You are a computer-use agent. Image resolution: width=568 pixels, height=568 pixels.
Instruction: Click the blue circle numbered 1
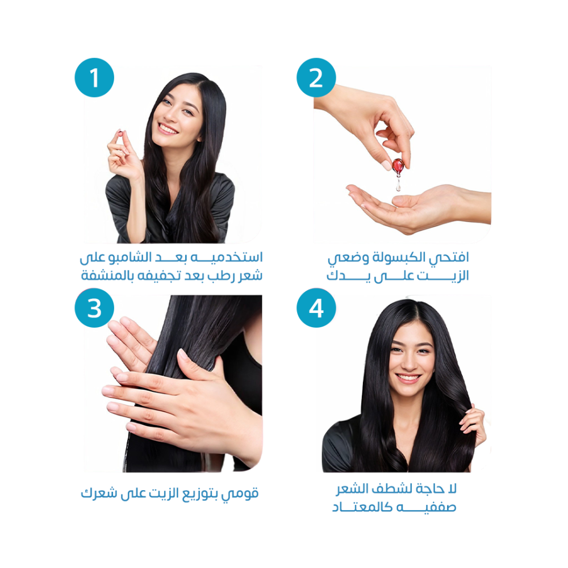[94, 77]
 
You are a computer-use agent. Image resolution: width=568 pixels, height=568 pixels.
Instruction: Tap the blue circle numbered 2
[316, 77]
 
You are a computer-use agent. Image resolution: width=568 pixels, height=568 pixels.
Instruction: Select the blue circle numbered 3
[94, 308]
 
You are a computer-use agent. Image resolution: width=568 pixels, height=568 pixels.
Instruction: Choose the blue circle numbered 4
[316, 308]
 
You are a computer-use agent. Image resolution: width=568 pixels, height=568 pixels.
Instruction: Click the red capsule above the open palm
[398, 165]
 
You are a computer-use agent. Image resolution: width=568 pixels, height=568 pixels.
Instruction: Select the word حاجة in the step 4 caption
[430, 489]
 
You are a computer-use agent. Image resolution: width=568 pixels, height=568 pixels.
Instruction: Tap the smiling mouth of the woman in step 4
[408, 378]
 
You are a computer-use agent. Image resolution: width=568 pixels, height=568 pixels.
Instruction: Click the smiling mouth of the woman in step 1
[168, 128]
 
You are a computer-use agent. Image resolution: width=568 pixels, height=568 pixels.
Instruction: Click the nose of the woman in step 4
[410, 362]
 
